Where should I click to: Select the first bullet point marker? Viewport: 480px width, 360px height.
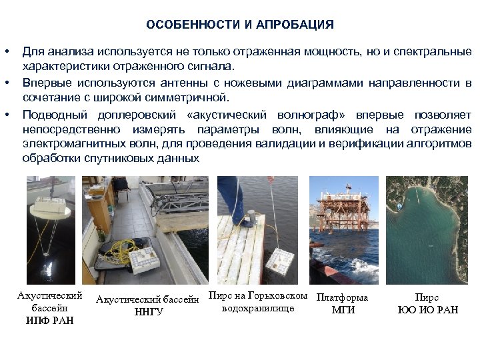pos(7,52)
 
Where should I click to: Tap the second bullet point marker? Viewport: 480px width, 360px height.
pos(7,83)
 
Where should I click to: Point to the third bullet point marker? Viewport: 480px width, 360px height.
pos(7,113)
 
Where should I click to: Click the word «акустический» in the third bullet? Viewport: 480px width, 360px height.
pos(227,113)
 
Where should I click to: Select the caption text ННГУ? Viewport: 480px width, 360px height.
pos(148,311)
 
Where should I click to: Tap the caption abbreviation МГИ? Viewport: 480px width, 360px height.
pos(343,310)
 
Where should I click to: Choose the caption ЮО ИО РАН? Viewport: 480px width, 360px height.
pos(427,310)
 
